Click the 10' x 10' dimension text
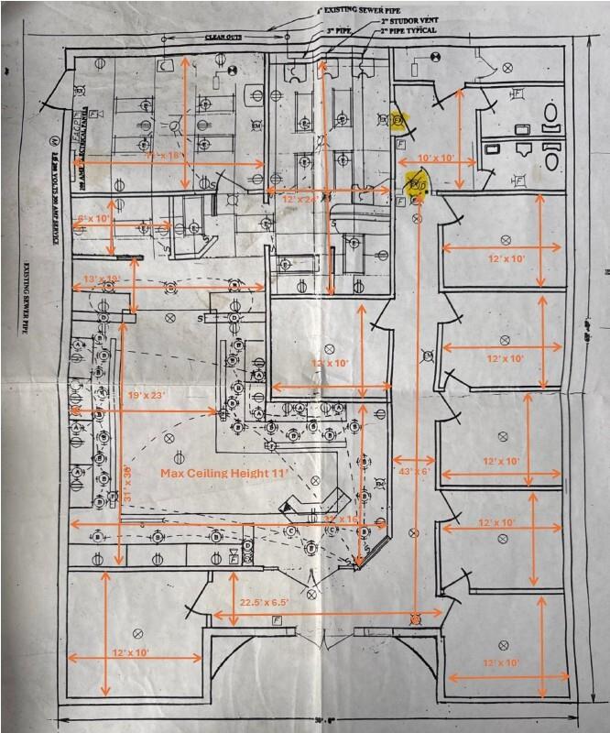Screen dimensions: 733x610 coord(437,159)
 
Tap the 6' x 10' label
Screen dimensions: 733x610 coord(94,219)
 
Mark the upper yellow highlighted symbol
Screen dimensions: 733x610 coord(398,120)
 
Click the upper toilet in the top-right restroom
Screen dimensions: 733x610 coord(551,111)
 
